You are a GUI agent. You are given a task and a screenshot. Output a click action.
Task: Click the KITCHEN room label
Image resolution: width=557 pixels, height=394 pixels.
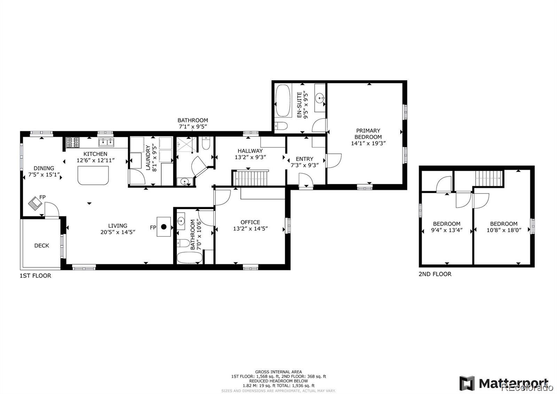(95, 154)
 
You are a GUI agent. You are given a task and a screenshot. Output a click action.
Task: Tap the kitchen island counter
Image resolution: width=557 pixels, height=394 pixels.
(93, 175)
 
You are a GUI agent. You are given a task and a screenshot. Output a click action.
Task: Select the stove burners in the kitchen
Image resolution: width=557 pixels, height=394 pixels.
(73, 142)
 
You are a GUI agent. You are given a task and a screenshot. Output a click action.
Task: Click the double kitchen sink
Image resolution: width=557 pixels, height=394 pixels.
(107, 142)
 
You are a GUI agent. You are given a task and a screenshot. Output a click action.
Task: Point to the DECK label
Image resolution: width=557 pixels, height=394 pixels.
(41, 245)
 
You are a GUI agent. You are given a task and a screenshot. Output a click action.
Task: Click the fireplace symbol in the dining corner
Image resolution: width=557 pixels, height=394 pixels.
(35, 204)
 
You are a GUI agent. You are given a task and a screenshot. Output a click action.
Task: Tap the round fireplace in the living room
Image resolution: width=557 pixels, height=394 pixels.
(164, 227)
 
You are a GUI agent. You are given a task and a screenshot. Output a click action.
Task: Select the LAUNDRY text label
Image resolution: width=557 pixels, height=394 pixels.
(148, 158)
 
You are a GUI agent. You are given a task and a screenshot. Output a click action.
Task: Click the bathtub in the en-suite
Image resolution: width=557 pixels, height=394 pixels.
(283, 101)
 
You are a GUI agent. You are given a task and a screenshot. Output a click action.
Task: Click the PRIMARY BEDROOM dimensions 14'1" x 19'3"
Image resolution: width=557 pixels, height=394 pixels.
(368, 143)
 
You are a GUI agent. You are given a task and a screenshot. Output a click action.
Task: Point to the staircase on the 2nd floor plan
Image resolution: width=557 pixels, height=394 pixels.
(489, 179)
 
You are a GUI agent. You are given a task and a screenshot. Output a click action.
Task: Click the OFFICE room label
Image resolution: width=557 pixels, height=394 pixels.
(250, 222)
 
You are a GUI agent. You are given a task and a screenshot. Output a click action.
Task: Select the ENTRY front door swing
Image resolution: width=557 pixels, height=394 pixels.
(306, 181)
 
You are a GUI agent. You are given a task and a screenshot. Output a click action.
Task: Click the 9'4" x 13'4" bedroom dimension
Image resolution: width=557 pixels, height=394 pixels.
(447, 230)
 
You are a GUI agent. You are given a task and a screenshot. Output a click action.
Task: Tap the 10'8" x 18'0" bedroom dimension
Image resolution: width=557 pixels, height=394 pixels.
(503, 230)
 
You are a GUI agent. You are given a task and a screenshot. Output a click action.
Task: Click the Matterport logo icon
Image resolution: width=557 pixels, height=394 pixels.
(467, 383)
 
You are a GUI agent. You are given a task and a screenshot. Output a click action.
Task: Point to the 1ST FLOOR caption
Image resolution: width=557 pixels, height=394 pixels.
(35, 276)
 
